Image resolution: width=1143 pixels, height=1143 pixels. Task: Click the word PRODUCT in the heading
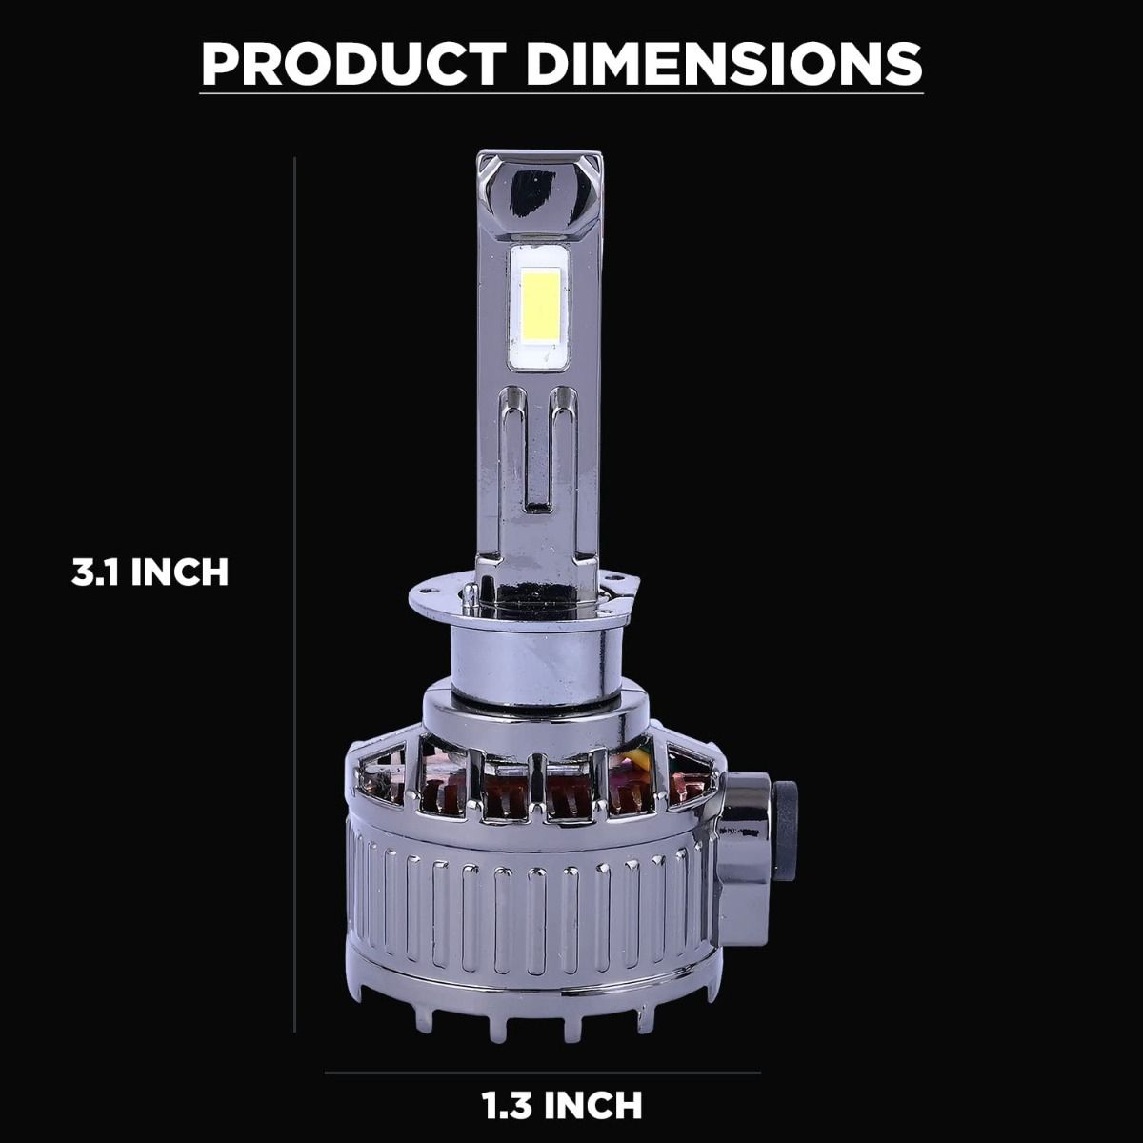pos(353,64)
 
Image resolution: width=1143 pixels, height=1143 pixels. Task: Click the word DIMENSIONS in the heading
pos(724,64)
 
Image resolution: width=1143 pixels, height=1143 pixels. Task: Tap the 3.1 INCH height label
pos(150,572)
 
